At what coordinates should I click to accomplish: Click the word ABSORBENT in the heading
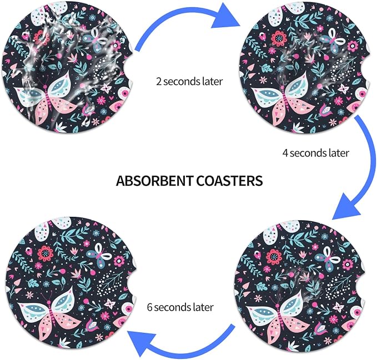click(x=154, y=181)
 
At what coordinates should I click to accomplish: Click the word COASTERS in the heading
click(x=229, y=181)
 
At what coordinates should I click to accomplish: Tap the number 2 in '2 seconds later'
click(x=159, y=82)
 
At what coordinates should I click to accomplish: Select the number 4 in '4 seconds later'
click(x=285, y=153)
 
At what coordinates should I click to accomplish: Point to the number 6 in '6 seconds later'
click(x=149, y=307)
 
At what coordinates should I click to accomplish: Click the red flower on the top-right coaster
click(x=279, y=38)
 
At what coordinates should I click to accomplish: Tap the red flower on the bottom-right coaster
click(x=273, y=257)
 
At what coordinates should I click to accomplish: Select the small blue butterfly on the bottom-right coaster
click(x=327, y=260)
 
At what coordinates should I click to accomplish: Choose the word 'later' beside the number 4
click(x=339, y=153)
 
